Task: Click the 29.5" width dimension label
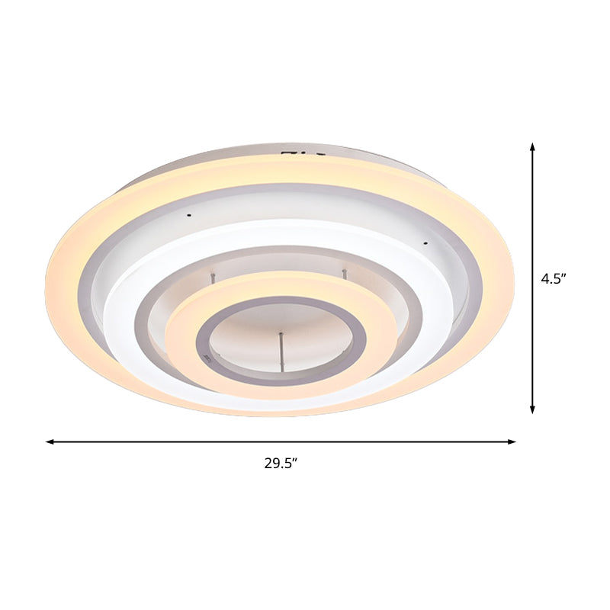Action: [x=281, y=462]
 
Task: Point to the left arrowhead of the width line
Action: [x=50, y=441]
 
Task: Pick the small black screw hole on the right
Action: [x=425, y=244]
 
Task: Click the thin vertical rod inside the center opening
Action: [x=281, y=352]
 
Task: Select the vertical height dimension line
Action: [x=533, y=343]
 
